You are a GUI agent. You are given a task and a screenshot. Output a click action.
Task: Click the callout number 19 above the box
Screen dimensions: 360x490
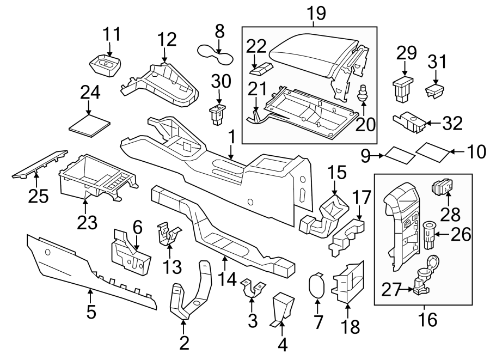tap(316, 13)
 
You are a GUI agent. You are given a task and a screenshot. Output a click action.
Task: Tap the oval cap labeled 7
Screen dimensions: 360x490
tap(316, 286)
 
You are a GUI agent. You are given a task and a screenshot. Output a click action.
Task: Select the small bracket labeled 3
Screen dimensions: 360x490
tap(252, 289)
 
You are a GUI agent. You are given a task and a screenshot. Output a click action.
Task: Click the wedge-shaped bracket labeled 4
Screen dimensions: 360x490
tap(283, 308)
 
